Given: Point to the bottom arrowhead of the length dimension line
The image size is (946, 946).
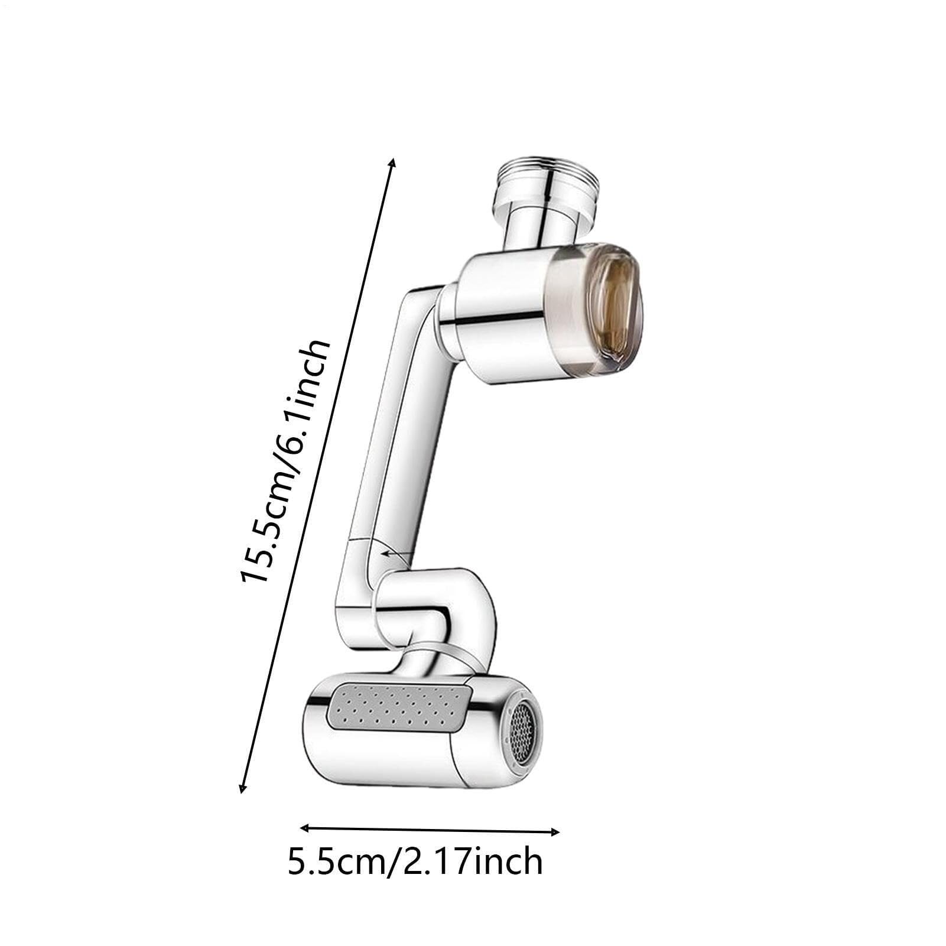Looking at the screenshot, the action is coord(242,786).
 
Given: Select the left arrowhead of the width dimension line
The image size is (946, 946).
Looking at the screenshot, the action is coord(305,828).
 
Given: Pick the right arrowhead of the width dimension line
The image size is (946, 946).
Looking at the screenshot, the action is coord(555,832).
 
